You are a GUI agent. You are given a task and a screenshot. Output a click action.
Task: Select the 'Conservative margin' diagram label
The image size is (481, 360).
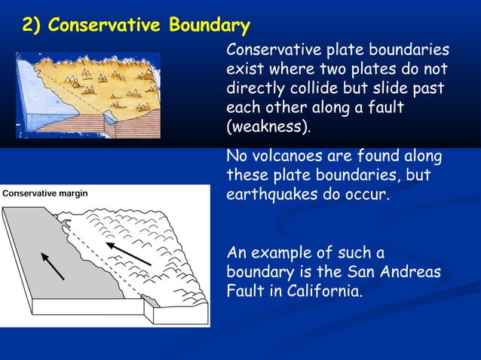(45, 194)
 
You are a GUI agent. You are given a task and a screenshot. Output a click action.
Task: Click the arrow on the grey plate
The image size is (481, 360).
(52, 267)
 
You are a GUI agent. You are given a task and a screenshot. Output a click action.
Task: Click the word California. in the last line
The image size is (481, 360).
(325, 290)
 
